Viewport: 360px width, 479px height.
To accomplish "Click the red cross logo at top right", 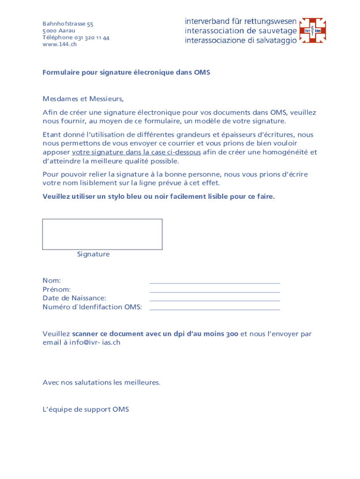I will [x=312, y=30].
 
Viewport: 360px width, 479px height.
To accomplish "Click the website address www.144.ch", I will [x=59, y=44].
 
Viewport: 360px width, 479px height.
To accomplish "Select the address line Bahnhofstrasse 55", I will [x=68, y=24].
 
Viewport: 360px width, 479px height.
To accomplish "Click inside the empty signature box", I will [x=102, y=234].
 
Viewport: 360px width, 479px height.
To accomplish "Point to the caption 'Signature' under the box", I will [x=94, y=254].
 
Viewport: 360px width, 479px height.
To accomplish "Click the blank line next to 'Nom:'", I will [x=215, y=282].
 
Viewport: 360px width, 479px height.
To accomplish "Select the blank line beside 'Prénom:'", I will [x=215, y=291].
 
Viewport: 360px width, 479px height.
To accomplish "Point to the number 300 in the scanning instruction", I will [x=232, y=334].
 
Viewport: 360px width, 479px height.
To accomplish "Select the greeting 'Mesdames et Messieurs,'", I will [x=83, y=99].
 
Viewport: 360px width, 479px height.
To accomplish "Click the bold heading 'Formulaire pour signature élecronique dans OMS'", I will [x=126, y=73].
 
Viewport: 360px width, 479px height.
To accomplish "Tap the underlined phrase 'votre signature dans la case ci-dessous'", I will [x=137, y=152].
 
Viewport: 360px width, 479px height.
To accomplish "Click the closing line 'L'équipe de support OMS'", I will [x=86, y=410].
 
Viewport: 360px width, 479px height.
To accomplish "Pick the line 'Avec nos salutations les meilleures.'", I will [x=101, y=383].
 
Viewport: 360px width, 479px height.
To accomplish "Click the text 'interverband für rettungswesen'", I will [x=240, y=22].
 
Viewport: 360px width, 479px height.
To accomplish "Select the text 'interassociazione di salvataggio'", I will [x=240, y=41].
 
